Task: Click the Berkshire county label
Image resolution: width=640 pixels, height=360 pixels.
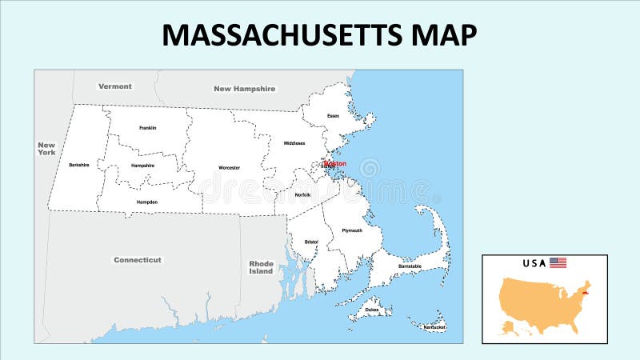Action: tap(79, 165)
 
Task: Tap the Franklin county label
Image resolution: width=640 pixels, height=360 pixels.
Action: tap(147, 128)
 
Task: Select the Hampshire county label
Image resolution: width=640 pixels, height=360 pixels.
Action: tap(142, 166)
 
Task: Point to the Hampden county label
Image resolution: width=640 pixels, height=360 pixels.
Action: tap(147, 202)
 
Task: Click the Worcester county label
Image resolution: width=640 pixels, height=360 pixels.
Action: tap(229, 168)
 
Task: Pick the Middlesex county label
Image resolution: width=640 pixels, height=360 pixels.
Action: tap(294, 143)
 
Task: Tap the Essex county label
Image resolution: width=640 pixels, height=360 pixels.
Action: tap(334, 116)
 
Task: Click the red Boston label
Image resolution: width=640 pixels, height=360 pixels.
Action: tap(335, 163)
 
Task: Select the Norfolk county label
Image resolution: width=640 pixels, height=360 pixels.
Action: tap(302, 194)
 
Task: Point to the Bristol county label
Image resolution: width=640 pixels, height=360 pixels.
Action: tap(311, 242)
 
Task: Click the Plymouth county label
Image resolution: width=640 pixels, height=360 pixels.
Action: tap(352, 230)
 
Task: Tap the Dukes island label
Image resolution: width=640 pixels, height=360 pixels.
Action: tap(371, 308)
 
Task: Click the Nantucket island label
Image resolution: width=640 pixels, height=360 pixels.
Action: tap(435, 326)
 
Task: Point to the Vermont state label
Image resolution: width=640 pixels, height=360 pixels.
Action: tap(115, 86)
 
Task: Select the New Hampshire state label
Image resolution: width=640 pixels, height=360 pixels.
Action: tap(244, 89)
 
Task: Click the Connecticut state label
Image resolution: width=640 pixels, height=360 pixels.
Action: tap(138, 260)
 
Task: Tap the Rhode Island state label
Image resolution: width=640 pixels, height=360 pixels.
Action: tap(261, 267)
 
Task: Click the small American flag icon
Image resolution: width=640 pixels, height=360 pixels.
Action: tap(558, 262)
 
